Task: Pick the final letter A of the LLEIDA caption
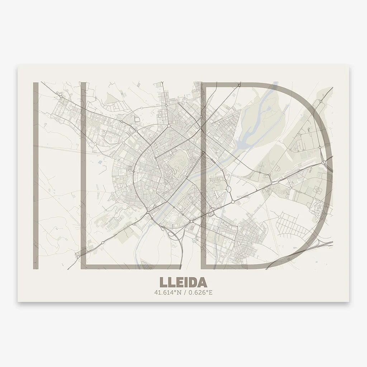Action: [x=201, y=282]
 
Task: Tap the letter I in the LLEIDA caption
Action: [x=184, y=282]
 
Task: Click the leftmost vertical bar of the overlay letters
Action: [x=35, y=176]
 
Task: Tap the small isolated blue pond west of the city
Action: [x=99, y=162]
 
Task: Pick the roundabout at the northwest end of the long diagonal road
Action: [x=61, y=96]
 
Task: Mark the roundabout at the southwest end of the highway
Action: [x=78, y=256]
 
